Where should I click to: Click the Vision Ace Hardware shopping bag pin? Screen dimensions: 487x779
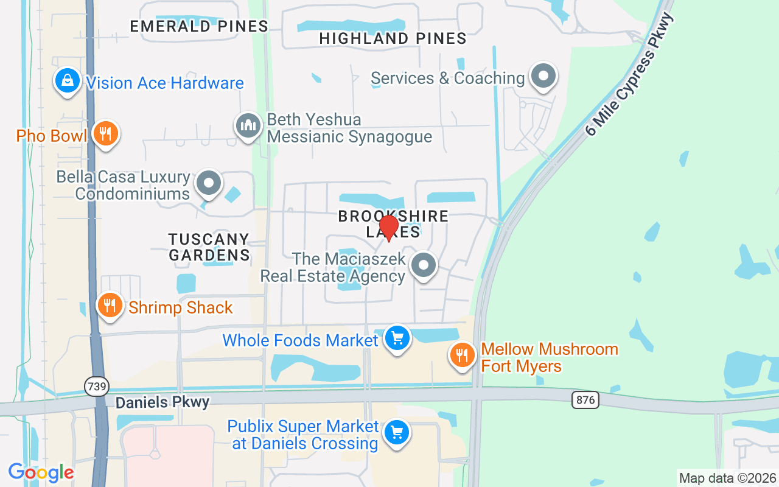tap(68, 80)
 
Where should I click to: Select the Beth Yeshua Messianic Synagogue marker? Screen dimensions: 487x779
tap(248, 126)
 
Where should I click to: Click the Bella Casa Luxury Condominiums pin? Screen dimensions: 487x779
tap(209, 183)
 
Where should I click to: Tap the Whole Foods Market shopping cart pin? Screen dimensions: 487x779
tap(397, 337)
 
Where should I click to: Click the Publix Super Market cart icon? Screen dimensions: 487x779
tap(397, 433)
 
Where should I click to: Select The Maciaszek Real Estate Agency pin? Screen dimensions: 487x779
tap(424, 265)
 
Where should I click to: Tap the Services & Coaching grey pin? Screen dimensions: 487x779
tap(543, 77)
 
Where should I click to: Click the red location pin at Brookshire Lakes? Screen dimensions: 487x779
tap(388, 227)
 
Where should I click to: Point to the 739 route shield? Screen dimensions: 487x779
tap(96, 387)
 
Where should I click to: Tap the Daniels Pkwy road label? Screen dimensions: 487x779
tap(162, 402)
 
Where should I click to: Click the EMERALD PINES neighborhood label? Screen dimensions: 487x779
tap(199, 26)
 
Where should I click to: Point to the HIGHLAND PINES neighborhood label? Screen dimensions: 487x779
tap(393, 38)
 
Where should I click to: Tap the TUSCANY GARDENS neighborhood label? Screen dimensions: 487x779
tap(209, 247)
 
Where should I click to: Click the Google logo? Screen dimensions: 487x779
tap(41, 472)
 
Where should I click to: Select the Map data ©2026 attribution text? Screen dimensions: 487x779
tap(727, 478)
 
